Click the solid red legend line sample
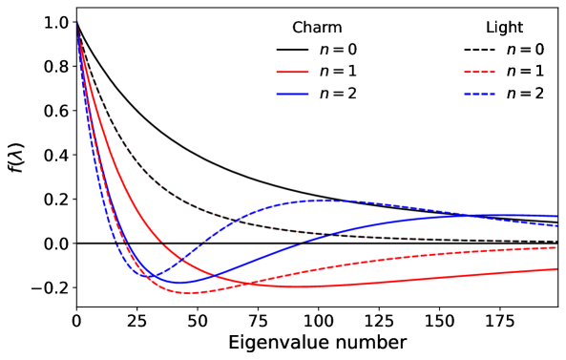point(292,72)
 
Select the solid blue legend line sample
point(292,94)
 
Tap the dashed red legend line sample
point(479,72)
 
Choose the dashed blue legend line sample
point(479,94)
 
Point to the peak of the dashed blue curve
point(325,201)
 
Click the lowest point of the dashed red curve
point(187,292)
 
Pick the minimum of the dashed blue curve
point(153,277)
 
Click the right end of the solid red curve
point(557,268)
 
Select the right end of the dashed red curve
point(557,247)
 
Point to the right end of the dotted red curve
point(557,242)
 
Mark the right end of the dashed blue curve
point(557,226)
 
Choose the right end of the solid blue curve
point(557,216)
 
